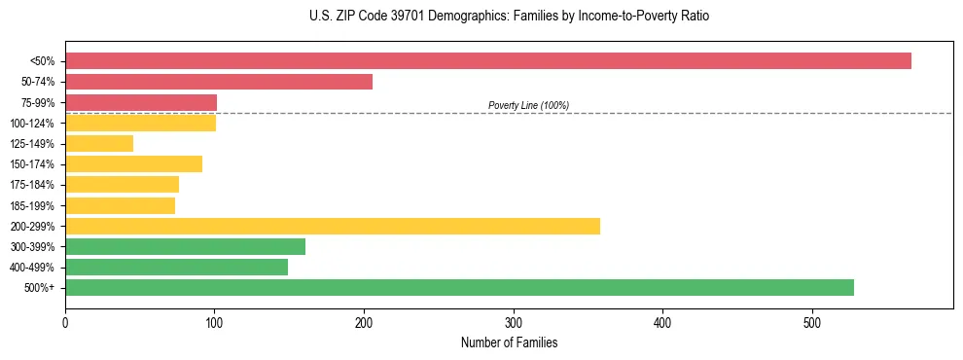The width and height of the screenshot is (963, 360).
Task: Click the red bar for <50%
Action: pyautogui.click(x=487, y=61)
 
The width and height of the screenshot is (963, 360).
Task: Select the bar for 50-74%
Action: pyautogui.click(x=219, y=82)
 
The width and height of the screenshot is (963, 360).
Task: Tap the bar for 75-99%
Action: pyautogui.click(x=141, y=102)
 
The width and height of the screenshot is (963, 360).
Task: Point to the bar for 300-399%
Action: pyautogui.click(x=185, y=246)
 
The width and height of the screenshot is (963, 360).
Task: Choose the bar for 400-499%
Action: pyautogui.click(x=176, y=267)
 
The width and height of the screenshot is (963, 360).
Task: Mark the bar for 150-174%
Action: pyautogui.click(x=133, y=164)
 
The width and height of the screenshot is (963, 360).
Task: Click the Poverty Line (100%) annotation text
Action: pyautogui.click(x=528, y=105)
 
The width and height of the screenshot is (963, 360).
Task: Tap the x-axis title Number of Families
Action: pyautogui.click(x=509, y=342)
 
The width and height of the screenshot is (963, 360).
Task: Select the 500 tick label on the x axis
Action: pyautogui.click(x=812, y=323)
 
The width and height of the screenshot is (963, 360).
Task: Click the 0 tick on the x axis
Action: pyautogui.click(x=65, y=323)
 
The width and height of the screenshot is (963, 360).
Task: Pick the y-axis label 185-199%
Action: pyautogui.click(x=33, y=205)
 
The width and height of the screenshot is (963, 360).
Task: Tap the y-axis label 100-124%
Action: pyautogui.click(x=33, y=124)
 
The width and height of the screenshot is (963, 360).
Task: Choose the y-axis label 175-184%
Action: pyautogui.click(x=33, y=185)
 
